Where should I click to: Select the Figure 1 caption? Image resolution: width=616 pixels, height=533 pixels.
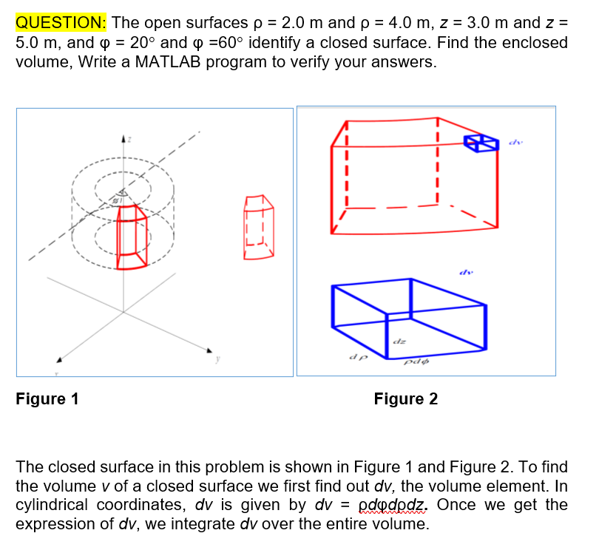click(x=47, y=399)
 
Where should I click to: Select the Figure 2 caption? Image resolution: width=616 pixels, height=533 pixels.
click(x=405, y=399)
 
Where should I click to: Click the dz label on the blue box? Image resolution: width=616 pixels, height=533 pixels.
click(x=399, y=342)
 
